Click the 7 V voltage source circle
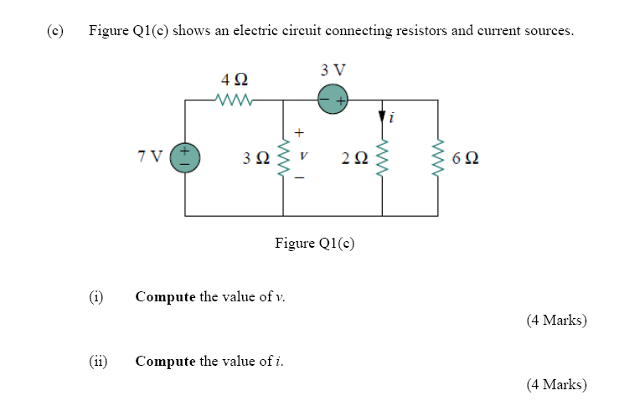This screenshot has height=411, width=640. [185, 157]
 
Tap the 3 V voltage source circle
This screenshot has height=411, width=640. [333, 100]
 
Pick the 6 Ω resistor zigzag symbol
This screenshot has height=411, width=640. [437, 157]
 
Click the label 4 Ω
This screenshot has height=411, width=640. [235, 80]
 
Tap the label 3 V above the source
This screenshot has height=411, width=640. [333, 69]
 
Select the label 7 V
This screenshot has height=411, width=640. [151, 157]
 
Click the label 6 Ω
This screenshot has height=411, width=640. [466, 158]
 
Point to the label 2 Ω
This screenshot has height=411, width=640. [354, 158]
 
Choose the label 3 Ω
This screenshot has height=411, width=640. [255, 158]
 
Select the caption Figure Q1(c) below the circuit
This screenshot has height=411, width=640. [315, 244]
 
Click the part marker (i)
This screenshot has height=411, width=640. [96, 296]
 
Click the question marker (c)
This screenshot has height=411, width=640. [55, 31]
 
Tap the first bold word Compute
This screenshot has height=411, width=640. [165, 296]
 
